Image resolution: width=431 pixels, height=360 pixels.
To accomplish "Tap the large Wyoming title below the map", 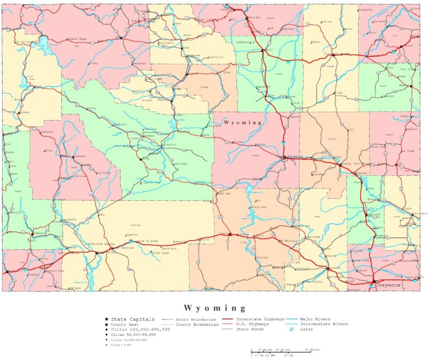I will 215,308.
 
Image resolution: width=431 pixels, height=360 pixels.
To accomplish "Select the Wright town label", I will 338,93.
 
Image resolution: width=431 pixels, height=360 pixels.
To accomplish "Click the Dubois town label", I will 91,108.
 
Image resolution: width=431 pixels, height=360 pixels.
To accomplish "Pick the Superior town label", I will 132,235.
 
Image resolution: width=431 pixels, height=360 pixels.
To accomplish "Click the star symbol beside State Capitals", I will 107,319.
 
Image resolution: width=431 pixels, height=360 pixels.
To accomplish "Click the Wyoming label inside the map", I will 242,122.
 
